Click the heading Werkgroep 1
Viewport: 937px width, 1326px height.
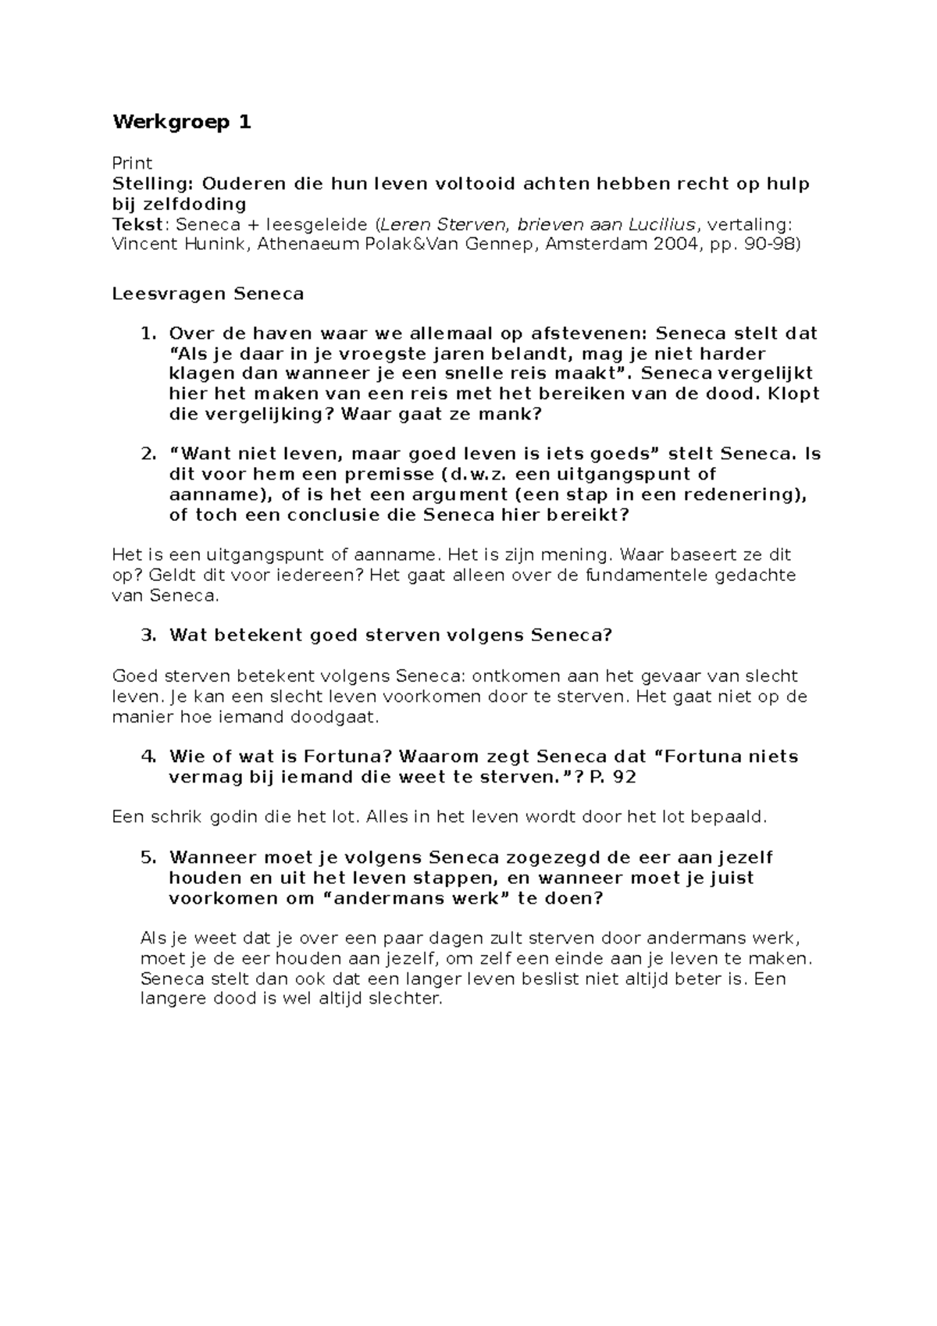182,123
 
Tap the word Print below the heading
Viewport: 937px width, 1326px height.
132,163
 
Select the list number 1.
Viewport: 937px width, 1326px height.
148,333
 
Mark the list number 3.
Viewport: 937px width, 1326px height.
148,635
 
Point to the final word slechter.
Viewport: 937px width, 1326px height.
405,999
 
